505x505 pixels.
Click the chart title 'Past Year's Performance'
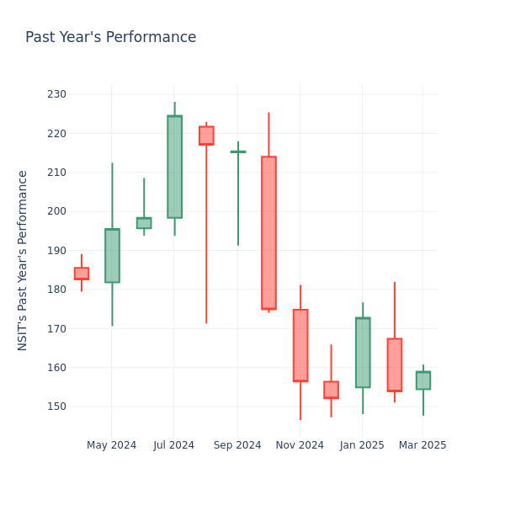110,38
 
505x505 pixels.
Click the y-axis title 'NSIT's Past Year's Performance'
23,260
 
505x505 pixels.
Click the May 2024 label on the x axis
111,445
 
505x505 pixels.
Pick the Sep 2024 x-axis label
237,445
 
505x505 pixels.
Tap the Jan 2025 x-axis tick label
362,445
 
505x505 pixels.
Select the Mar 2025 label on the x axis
423,445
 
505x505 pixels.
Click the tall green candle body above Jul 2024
174,167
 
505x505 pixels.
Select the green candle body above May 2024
112,256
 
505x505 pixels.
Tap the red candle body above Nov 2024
300,345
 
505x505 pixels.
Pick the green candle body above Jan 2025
363,353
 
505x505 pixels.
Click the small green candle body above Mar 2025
423,380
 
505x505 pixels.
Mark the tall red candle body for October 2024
268,232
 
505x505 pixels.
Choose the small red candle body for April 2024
81,274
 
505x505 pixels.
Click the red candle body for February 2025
394,364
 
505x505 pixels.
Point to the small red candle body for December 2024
331,390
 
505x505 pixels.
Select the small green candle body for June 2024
144,223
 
